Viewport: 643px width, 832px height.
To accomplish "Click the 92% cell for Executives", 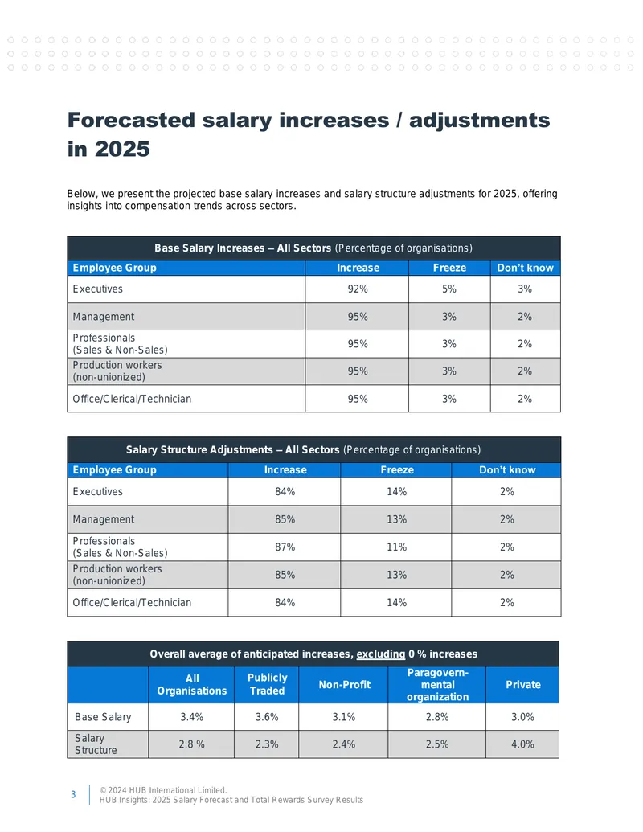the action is point(358,289).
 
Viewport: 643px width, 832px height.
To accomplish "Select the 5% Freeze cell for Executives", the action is point(449,289).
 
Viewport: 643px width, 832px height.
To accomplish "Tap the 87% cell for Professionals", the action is point(285,547).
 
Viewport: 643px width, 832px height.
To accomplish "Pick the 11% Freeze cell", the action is point(396,547).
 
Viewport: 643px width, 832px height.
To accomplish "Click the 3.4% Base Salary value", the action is point(191,717).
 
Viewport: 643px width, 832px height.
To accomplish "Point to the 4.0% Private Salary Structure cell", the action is point(522,744).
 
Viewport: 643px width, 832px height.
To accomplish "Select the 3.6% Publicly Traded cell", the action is point(267,717).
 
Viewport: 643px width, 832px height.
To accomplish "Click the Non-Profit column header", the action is point(344,684).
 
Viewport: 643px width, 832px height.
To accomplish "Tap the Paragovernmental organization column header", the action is point(438,684).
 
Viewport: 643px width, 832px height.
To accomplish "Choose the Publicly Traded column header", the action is point(267,684).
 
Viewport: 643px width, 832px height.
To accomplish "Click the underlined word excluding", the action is point(380,654).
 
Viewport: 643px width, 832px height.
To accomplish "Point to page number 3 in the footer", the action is point(73,794).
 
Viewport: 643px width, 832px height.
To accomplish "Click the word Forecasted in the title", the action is point(131,120).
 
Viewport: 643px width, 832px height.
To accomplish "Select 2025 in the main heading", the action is point(122,149).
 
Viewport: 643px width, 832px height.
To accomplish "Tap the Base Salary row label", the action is point(103,717).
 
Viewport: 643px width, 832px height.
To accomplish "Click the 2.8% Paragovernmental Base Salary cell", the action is point(437,717).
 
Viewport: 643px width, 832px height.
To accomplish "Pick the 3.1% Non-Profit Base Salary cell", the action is point(344,717).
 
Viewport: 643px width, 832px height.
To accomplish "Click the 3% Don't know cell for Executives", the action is point(525,289).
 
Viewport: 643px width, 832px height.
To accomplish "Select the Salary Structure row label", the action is point(96,744).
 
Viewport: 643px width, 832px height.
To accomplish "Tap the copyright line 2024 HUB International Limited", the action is point(163,790).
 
